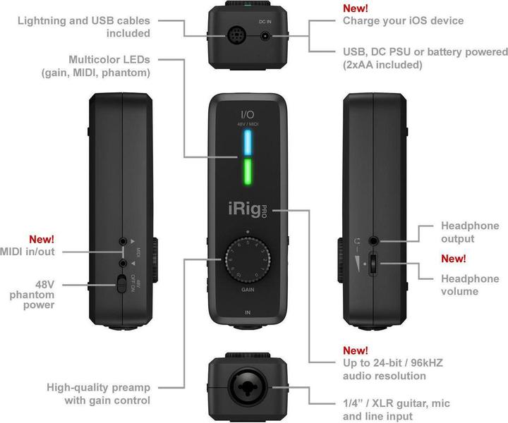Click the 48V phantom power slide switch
click(123, 284)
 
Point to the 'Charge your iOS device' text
click(403, 20)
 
